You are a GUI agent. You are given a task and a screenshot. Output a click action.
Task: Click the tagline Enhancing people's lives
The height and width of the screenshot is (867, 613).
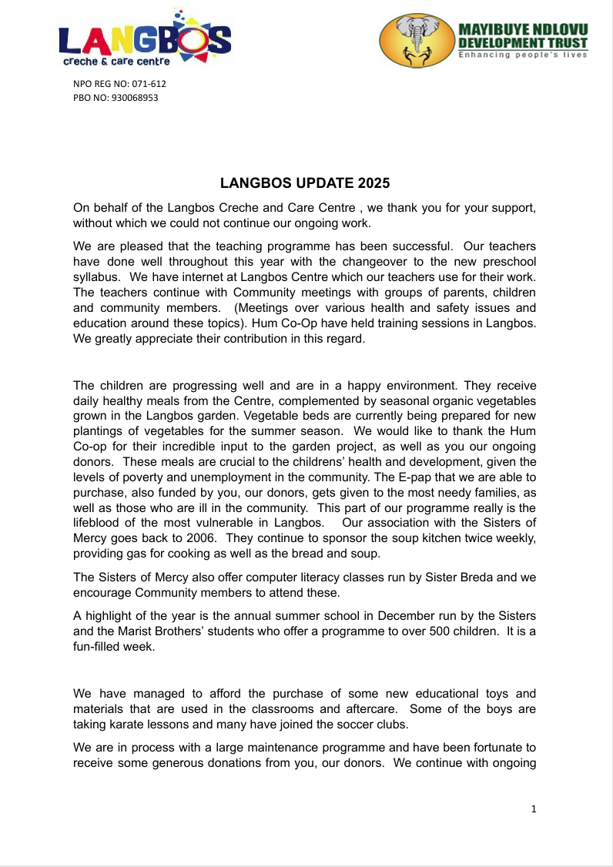pos(523,55)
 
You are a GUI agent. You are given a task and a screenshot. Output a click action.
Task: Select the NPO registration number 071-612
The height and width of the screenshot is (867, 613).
pos(144,84)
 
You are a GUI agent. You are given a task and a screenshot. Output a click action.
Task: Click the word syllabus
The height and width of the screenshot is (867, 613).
pos(95,277)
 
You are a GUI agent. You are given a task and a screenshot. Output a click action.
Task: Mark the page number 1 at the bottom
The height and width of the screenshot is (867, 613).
pos(534,808)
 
